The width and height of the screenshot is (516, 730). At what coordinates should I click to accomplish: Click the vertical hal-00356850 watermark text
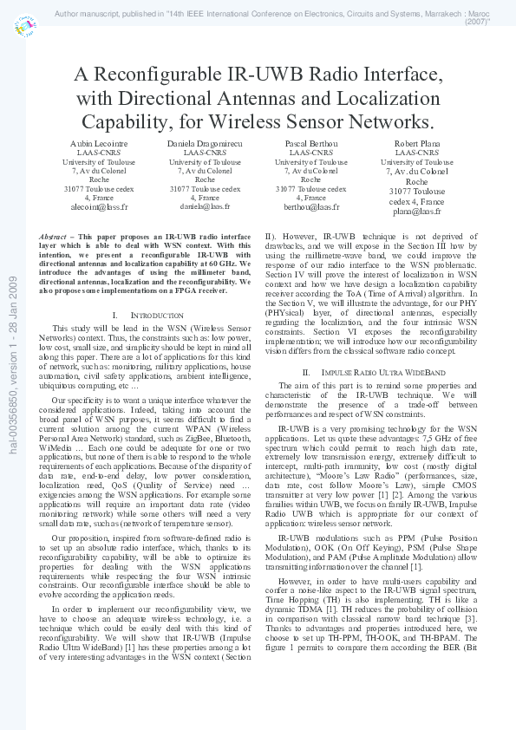[x=12, y=365]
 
